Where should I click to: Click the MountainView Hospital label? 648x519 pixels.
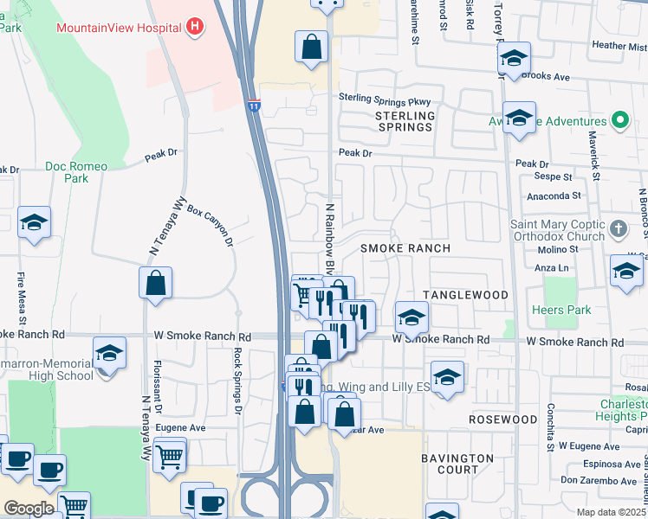click(119, 28)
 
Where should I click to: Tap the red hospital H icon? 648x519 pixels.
click(195, 27)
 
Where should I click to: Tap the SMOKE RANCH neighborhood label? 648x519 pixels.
click(405, 248)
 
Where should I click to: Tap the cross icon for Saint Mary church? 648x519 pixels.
click(618, 229)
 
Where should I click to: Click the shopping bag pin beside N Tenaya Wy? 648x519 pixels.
click(155, 283)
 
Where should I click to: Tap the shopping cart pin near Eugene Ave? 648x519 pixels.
click(170, 455)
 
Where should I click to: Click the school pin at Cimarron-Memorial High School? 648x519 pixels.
click(109, 353)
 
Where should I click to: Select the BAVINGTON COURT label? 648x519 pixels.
click(457, 464)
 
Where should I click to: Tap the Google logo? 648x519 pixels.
click(29, 509)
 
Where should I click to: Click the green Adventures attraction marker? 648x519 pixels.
click(619, 120)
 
